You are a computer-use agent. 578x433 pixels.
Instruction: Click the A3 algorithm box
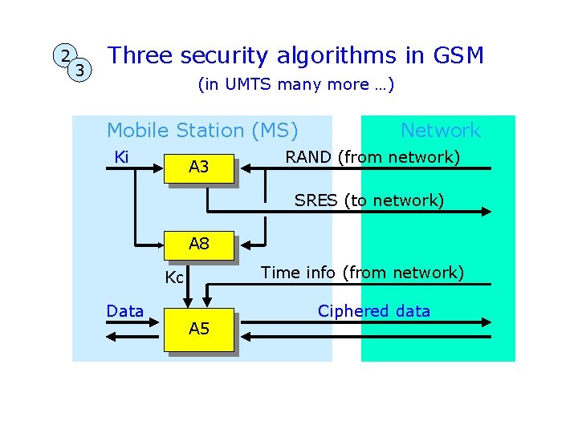click(x=198, y=168)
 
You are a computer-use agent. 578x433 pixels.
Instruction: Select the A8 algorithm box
click(x=198, y=245)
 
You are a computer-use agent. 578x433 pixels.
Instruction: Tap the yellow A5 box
click(x=198, y=329)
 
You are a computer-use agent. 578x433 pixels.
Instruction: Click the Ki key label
click(x=122, y=156)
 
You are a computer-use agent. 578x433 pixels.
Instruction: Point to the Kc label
click(x=174, y=278)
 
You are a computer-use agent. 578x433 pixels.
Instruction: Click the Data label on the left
click(x=125, y=311)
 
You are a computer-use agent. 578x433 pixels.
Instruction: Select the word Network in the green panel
click(x=440, y=130)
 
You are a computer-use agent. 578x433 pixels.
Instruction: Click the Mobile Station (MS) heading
click(x=202, y=130)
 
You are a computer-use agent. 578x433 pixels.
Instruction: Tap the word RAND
click(x=308, y=157)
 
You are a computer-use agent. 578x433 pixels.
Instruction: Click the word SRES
click(x=315, y=200)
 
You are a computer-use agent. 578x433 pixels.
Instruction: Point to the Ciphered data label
click(x=374, y=311)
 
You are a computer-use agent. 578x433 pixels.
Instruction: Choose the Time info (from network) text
click(x=363, y=273)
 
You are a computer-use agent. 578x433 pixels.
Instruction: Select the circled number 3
click(x=79, y=71)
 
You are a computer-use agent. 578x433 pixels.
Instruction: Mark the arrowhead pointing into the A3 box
click(x=245, y=168)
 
